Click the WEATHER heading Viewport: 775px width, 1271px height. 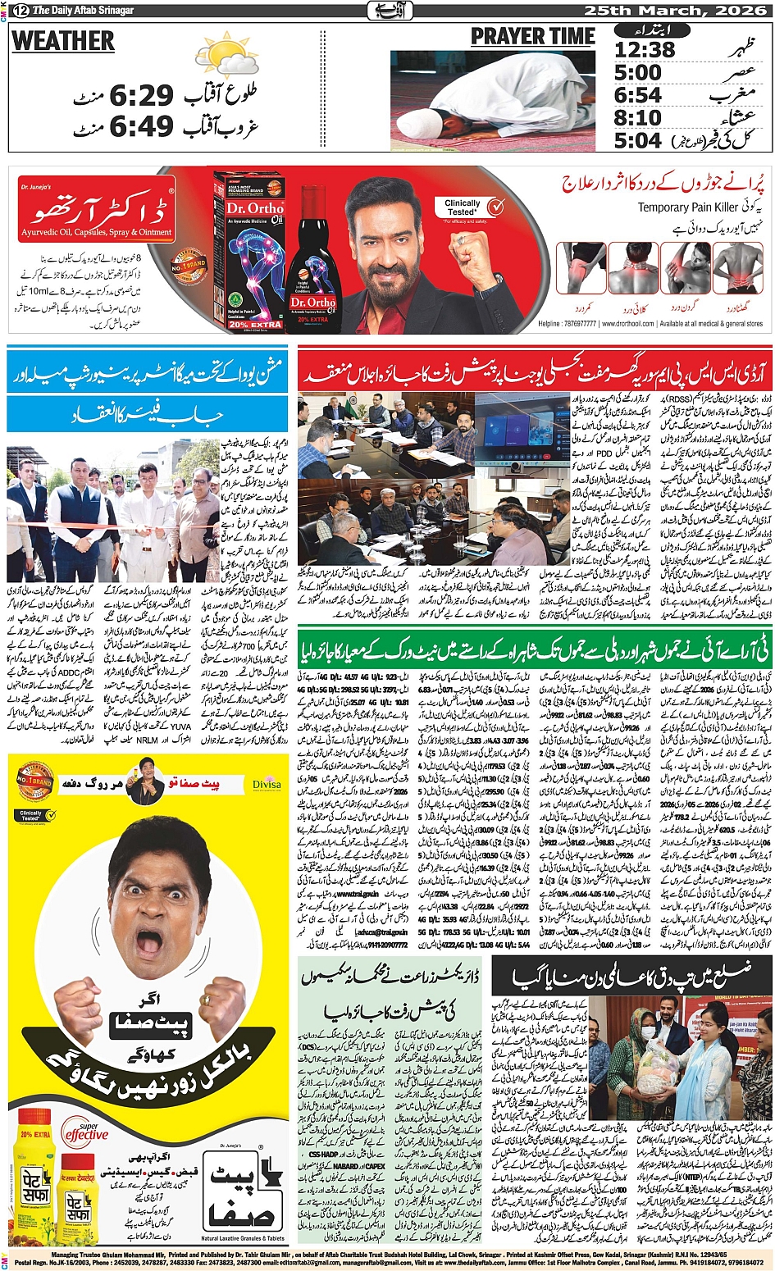[63, 41]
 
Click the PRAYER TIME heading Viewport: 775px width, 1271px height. [532, 37]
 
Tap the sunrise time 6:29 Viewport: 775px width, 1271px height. [142, 96]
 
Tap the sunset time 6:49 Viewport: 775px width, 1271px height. [142, 126]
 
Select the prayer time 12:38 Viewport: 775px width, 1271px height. [645, 50]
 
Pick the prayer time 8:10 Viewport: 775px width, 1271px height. [638, 118]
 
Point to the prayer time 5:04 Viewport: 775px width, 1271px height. [638, 140]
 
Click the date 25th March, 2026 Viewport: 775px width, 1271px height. [674, 10]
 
